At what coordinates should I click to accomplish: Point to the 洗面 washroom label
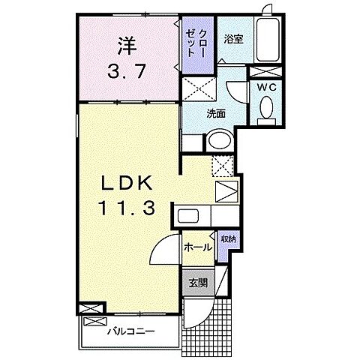217,114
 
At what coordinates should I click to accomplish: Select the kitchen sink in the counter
187,217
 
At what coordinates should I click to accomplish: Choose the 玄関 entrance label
197,283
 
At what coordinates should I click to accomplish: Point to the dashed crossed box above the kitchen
223,165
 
